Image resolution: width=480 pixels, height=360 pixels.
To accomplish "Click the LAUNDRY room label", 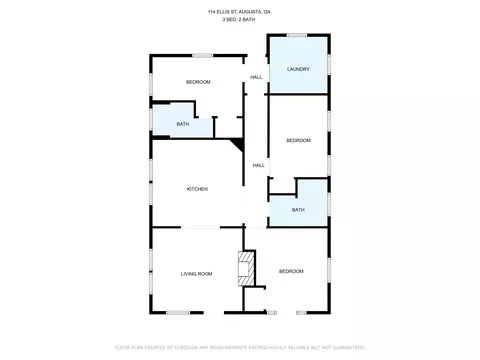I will (298, 69).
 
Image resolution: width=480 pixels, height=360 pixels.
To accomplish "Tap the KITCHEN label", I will (197, 189).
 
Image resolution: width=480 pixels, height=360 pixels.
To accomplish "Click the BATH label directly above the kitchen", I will (182, 124).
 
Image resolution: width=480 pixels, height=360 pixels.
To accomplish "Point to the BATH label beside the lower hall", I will (298, 210).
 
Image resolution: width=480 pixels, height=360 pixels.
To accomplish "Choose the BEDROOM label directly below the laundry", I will (298, 140).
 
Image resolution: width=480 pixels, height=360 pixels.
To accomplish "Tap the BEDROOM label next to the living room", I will (291, 272).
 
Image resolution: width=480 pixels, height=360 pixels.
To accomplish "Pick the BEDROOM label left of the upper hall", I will (198, 82).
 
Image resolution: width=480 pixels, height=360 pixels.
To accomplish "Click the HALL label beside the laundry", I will (256, 77).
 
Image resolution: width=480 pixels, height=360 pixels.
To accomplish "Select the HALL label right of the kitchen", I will (258, 165).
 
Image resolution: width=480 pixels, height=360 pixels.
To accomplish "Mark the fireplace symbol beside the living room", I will (241, 268).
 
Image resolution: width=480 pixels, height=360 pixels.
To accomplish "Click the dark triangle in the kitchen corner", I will (237, 146).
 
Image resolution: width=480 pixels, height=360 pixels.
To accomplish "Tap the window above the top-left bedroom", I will (202, 54).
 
